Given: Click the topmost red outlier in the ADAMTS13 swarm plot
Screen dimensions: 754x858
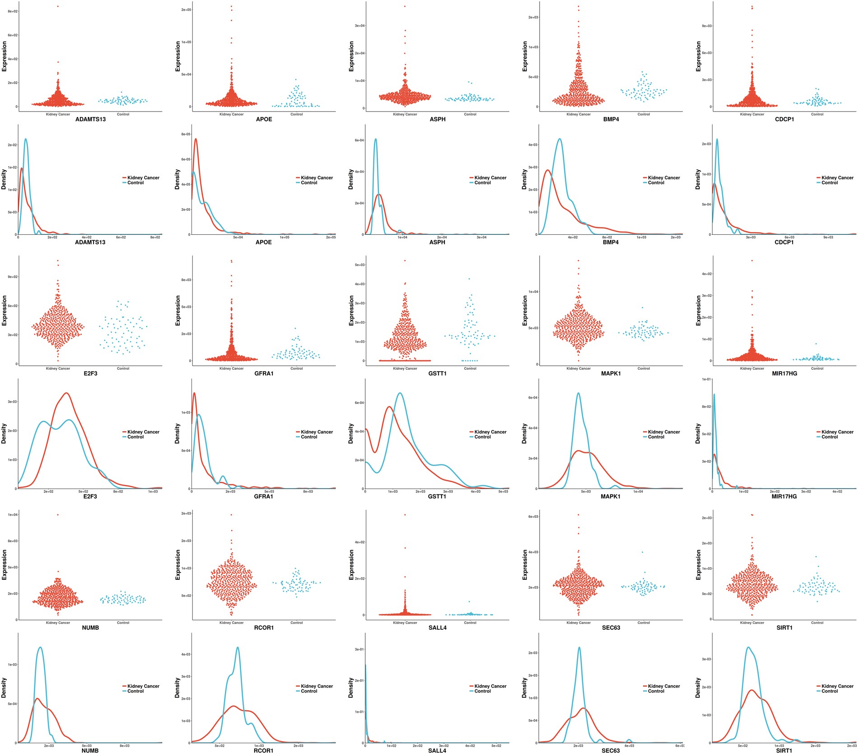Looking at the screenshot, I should [58, 6].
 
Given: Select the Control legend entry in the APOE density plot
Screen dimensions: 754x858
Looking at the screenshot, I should [309, 183].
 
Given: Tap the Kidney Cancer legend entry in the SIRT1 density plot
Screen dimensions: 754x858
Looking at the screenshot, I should [837, 686].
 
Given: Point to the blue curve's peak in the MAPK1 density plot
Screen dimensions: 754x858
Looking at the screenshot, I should [578, 393].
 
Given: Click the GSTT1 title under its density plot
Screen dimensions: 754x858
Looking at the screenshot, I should [437, 496].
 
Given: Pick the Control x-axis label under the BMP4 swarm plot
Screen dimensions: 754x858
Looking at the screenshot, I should [643, 114].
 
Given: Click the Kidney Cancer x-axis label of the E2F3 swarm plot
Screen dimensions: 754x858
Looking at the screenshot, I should [58, 368].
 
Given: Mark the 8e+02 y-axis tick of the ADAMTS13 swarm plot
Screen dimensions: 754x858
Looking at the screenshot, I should [13, 11].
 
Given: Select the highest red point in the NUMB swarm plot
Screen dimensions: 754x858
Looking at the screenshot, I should [58, 515].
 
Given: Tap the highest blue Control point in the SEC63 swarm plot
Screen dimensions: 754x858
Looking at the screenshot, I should [642, 552].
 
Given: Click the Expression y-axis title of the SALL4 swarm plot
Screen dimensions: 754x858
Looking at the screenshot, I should [352, 565].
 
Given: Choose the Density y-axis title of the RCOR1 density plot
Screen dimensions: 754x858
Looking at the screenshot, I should [177, 688].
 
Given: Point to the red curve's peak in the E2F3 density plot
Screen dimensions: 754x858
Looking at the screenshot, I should [67, 393].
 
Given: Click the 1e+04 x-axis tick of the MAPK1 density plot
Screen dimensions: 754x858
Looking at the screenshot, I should [638, 492].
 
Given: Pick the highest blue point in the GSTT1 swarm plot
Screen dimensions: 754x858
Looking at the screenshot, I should [469, 279].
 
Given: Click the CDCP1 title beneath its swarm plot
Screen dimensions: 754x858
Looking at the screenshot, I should [784, 119].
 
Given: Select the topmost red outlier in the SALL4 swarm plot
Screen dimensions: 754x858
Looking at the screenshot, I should [405, 515].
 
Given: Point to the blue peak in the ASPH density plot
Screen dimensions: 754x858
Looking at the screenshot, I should [375, 139].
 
